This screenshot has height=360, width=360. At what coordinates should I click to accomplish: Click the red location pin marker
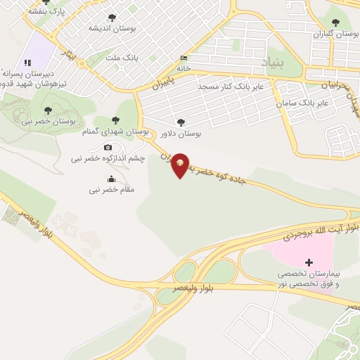180,165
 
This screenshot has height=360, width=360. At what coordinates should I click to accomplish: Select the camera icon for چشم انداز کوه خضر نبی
108,147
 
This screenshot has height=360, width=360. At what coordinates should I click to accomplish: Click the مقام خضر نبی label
111,190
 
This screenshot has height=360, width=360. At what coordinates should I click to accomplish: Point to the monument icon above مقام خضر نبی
111,179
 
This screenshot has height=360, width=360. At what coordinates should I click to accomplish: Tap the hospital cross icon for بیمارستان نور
309,262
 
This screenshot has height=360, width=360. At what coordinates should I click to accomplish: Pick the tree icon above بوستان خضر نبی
48,110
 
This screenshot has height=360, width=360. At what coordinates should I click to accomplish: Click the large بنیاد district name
276,61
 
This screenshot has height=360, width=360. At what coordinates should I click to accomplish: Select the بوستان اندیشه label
112,28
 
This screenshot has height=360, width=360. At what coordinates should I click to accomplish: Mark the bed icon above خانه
184,58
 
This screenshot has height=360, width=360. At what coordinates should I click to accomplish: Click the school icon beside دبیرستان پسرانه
29,63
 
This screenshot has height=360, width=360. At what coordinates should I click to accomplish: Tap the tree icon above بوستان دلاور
181,122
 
